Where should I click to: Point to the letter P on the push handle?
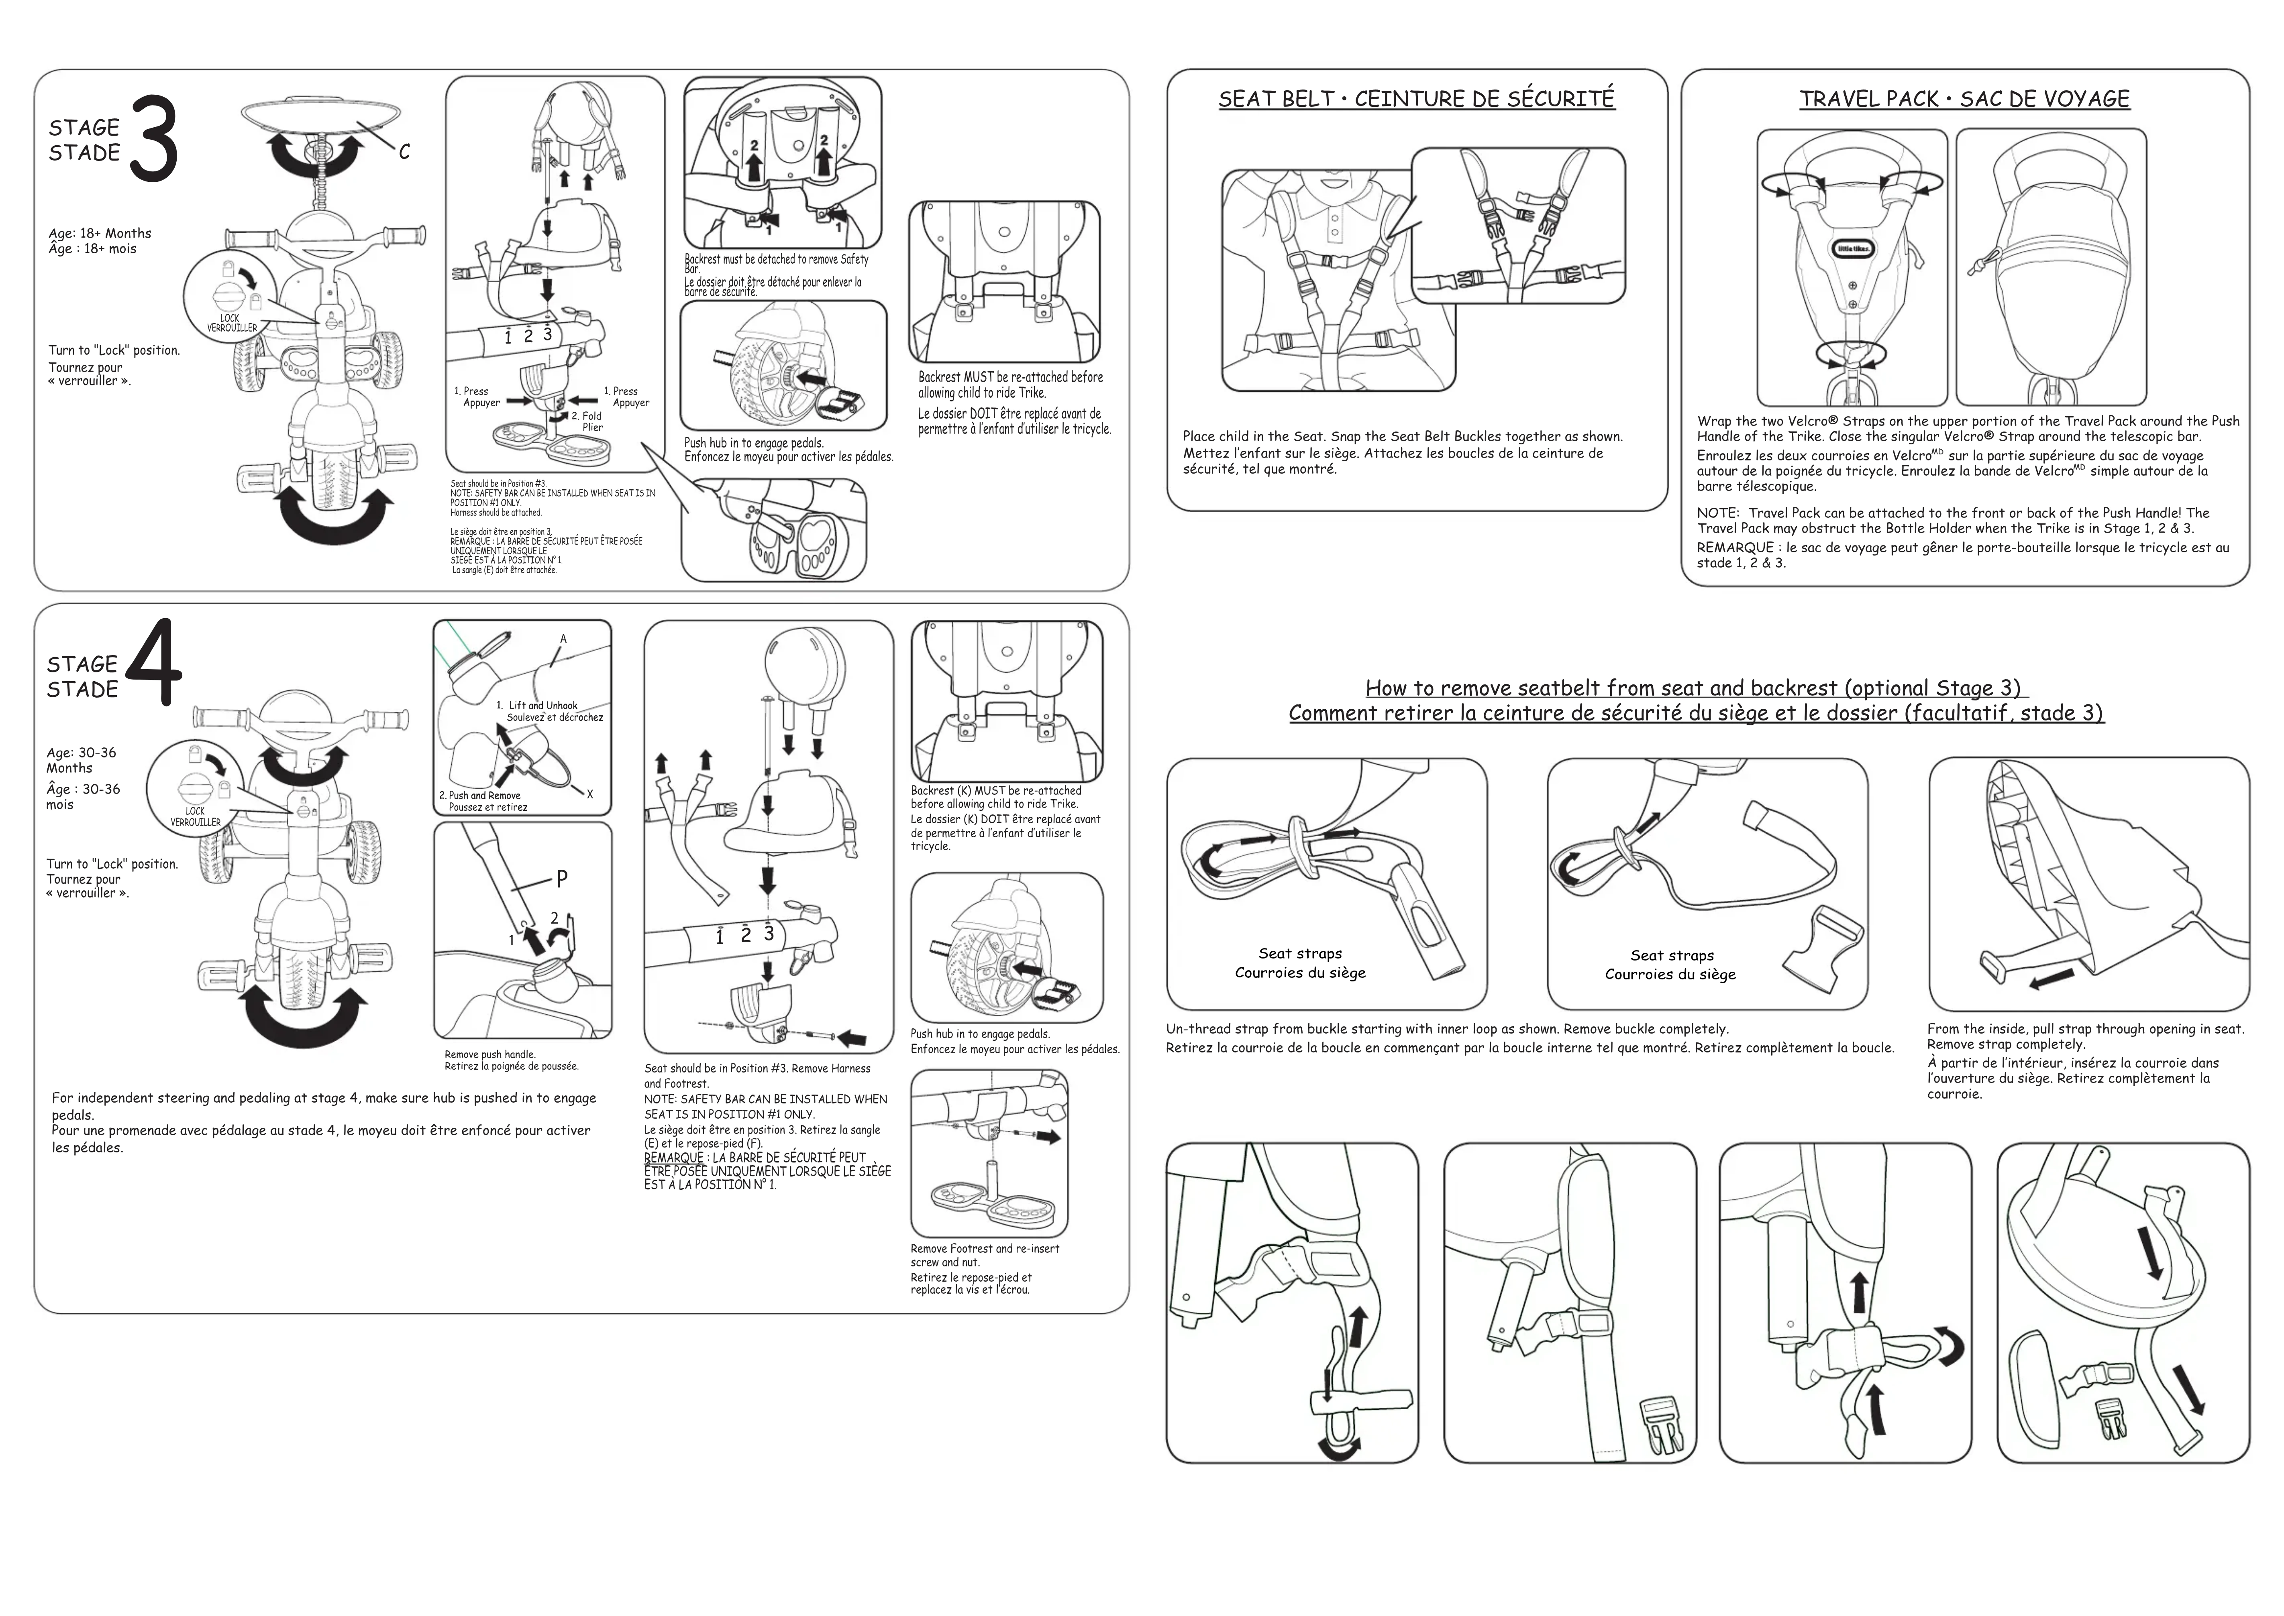pos(562,879)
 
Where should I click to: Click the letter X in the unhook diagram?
pos(590,794)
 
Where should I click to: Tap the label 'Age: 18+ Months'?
pos(100,233)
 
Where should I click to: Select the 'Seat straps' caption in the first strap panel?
pos(1300,953)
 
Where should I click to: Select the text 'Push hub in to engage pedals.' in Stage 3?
pos(753,443)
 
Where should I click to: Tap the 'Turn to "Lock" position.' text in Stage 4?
pos(112,864)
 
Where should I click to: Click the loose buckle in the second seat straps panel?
pos(1822,941)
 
